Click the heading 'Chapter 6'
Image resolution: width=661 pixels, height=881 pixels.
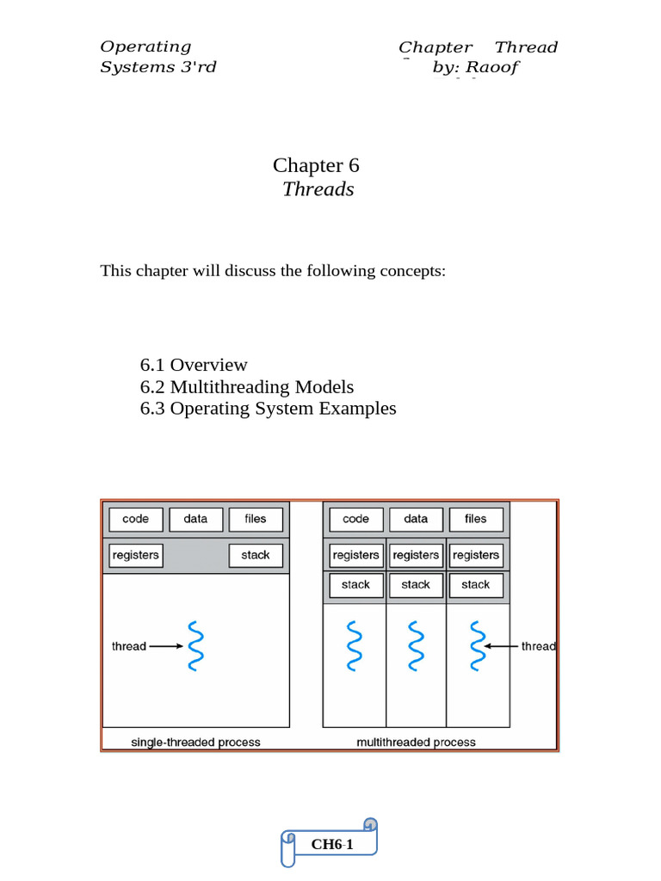point(316,165)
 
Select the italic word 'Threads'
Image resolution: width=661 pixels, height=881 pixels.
point(318,189)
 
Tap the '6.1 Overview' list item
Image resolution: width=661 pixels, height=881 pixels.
point(194,365)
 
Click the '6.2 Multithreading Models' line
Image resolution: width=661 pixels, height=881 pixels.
point(246,387)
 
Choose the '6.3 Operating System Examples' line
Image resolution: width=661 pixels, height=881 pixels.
point(268,409)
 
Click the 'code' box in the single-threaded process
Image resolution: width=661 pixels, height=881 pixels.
point(135,519)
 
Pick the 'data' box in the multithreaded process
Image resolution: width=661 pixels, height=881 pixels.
point(416,519)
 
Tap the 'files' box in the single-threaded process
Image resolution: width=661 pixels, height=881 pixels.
point(256,519)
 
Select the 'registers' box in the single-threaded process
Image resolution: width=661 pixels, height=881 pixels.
point(135,555)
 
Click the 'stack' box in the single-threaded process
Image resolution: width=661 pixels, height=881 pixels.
point(256,555)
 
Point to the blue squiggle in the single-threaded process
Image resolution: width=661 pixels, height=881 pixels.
point(195,645)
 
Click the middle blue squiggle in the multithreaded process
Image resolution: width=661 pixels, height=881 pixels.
point(416,645)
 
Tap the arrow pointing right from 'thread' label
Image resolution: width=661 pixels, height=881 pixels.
point(166,646)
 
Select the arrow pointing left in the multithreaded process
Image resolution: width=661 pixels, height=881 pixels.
point(500,646)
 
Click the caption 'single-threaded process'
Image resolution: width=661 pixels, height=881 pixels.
point(195,742)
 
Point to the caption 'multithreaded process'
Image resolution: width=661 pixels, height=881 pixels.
point(416,742)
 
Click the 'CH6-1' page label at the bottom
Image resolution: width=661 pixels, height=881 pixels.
point(332,844)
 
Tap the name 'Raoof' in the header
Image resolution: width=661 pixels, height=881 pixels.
point(492,67)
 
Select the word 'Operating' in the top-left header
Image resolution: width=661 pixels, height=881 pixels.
point(145,46)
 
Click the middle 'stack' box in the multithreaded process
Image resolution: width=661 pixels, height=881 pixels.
point(416,585)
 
